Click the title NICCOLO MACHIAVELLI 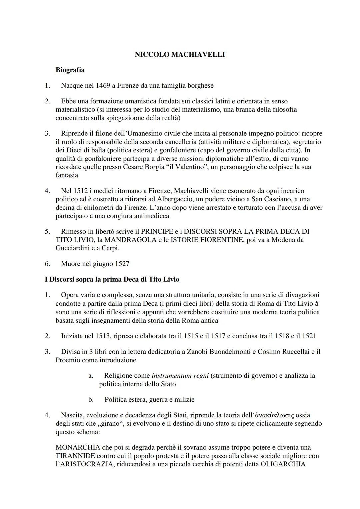tap(180, 54)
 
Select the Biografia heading tap(70, 70)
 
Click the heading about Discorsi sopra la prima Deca tap(112, 279)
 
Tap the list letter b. tap(90, 400)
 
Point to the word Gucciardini tap(73, 248)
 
